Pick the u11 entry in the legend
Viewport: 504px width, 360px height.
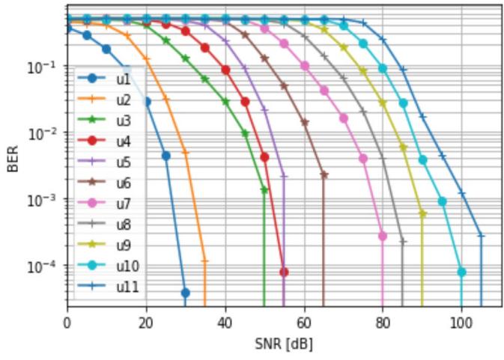click(x=109, y=287)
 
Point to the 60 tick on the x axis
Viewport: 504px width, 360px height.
click(x=304, y=323)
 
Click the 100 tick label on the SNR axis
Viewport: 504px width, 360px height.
click(x=461, y=323)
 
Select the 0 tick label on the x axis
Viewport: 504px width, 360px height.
click(x=67, y=323)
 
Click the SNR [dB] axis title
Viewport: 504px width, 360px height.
click(x=284, y=344)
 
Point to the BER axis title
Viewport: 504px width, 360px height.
click(x=12, y=159)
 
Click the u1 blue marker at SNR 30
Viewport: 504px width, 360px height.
click(x=186, y=293)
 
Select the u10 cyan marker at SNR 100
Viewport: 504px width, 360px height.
click(x=461, y=272)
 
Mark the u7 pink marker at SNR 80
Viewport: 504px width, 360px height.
click(x=383, y=237)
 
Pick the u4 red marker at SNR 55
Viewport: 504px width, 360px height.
click(x=284, y=272)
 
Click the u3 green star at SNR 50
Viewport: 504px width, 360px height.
click(x=264, y=190)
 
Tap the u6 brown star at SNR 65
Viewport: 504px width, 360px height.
click(x=324, y=175)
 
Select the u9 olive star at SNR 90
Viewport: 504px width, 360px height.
click(x=422, y=214)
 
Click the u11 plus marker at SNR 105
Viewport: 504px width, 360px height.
click(x=482, y=236)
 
